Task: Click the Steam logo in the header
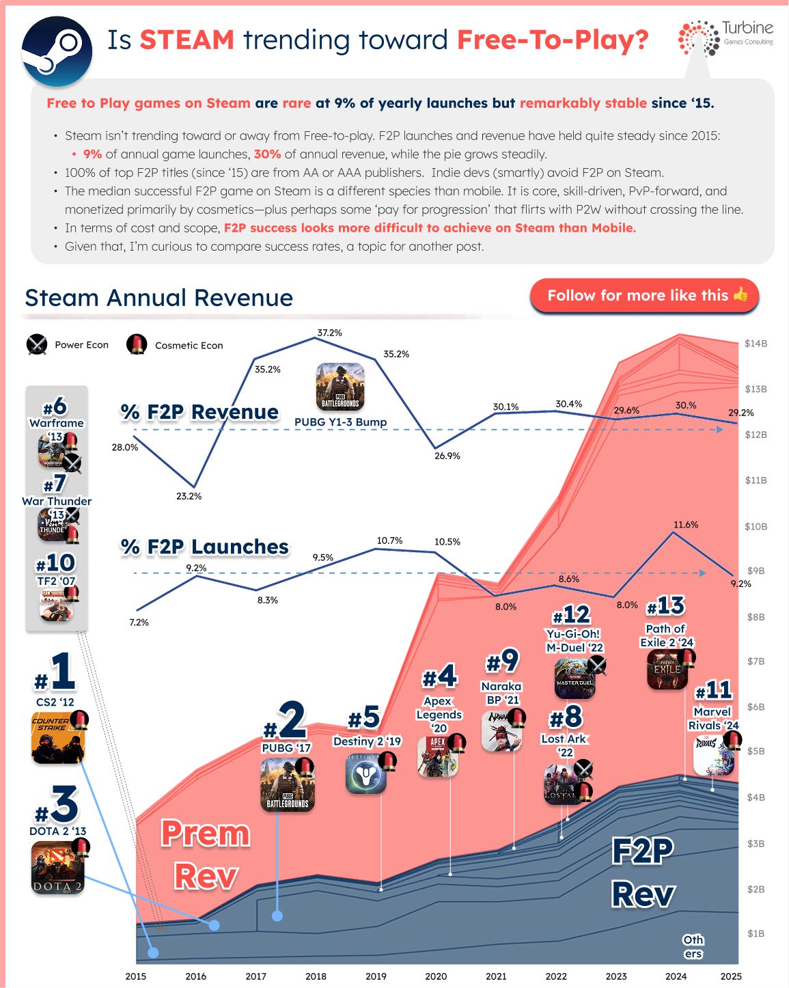click(x=57, y=51)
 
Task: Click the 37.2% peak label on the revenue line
click(x=329, y=332)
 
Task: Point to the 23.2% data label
click(x=189, y=496)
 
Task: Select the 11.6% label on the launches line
click(x=686, y=524)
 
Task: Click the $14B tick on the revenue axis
click(x=756, y=344)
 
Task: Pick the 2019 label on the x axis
click(x=376, y=976)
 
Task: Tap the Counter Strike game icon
click(x=58, y=738)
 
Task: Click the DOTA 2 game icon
click(x=58, y=867)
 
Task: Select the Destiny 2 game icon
click(x=366, y=775)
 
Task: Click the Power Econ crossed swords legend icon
click(x=37, y=344)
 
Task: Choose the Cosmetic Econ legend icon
click(x=137, y=344)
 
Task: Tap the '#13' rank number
click(x=665, y=606)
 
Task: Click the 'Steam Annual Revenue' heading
click(x=158, y=297)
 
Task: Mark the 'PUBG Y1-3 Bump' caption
click(x=341, y=422)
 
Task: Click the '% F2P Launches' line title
click(x=205, y=547)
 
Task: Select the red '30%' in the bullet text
click(x=267, y=154)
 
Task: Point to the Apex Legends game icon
click(x=438, y=757)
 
